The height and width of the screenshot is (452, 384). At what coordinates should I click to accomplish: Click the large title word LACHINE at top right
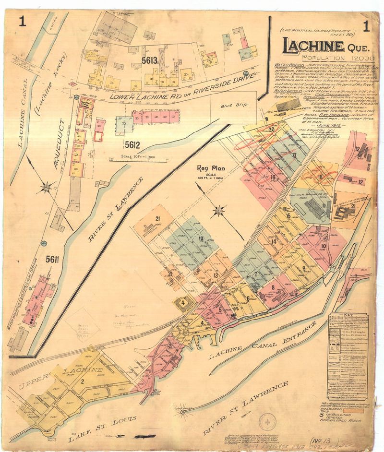313,47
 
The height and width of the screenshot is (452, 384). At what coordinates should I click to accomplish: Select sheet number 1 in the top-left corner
22,21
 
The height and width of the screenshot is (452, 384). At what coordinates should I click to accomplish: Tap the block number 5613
150,60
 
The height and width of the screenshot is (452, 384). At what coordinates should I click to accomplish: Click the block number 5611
52,260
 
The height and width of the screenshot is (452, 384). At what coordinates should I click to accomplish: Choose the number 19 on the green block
201,239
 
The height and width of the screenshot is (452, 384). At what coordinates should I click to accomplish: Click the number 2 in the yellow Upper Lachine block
83,381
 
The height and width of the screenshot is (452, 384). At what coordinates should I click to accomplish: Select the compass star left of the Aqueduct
47,187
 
